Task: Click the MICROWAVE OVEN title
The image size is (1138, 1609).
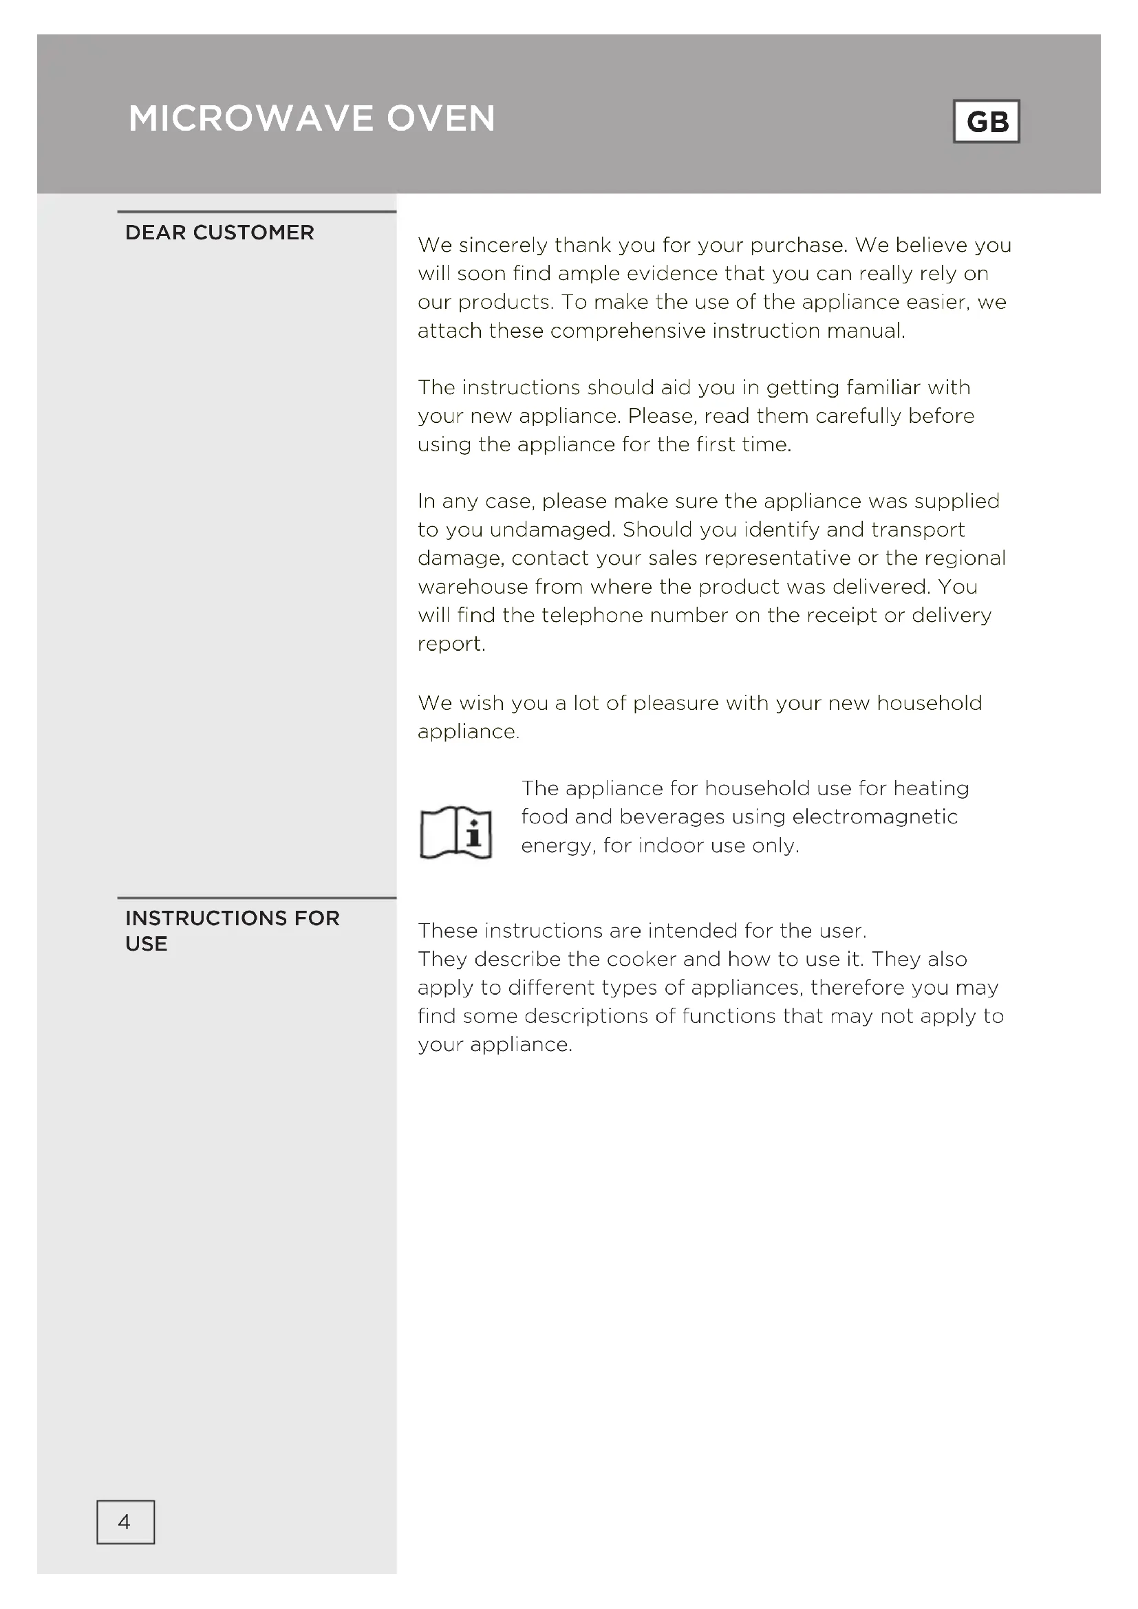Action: pyautogui.click(x=312, y=118)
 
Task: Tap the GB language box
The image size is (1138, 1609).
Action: pyautogui.click(x=986, y=122)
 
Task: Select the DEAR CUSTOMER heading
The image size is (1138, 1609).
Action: pyautogui.click(x=219, y=233)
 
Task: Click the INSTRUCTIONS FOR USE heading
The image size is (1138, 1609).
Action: pyautogui.click(x=232, y=930)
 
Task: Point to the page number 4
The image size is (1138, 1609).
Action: pyautogui.click(x=125, y=1522)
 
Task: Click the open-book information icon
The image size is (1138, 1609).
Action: pyautogui.click(x=455, y=832)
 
